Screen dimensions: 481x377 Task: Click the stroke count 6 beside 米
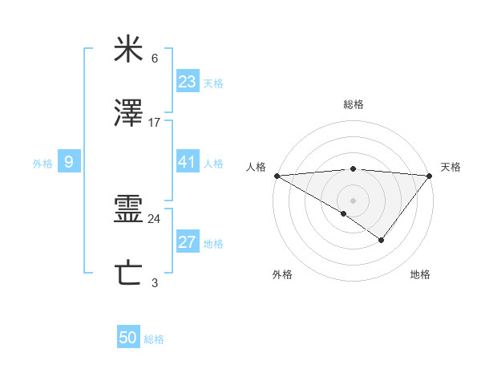pyautogui.click(x=155, y=59)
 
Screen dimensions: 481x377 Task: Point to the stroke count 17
pyautogui.click(x=155, y=122)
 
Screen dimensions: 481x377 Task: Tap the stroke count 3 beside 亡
pyautogui.click(x=155, y=282)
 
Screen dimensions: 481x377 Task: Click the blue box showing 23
pyautogui.click(x=187, y=81)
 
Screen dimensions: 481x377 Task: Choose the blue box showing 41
pyautogui.click(x=187, y=162)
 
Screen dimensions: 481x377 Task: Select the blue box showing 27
pyautogui.click(x=187, y=242)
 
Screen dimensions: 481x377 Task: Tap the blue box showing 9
pyautogui.click(x=69, y=162)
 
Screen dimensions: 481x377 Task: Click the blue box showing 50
pyautogui.click(x=128, y=338)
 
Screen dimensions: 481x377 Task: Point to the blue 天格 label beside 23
pyautogui.click(x=213, y=83)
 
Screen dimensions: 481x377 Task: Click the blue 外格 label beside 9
pyautogui.click(x=42, y=164)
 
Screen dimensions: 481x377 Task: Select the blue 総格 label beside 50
pyautogui.click(x=154, y=339)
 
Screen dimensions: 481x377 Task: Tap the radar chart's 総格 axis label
pyautogui.click(x=353, y=104)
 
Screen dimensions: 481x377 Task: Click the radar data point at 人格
pyautogui.click(x=276, y=176)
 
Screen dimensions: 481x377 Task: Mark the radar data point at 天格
pyautogui.click(x=430, y=176)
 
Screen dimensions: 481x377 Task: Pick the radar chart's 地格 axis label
pyautogui.click(x=420, y=274)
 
